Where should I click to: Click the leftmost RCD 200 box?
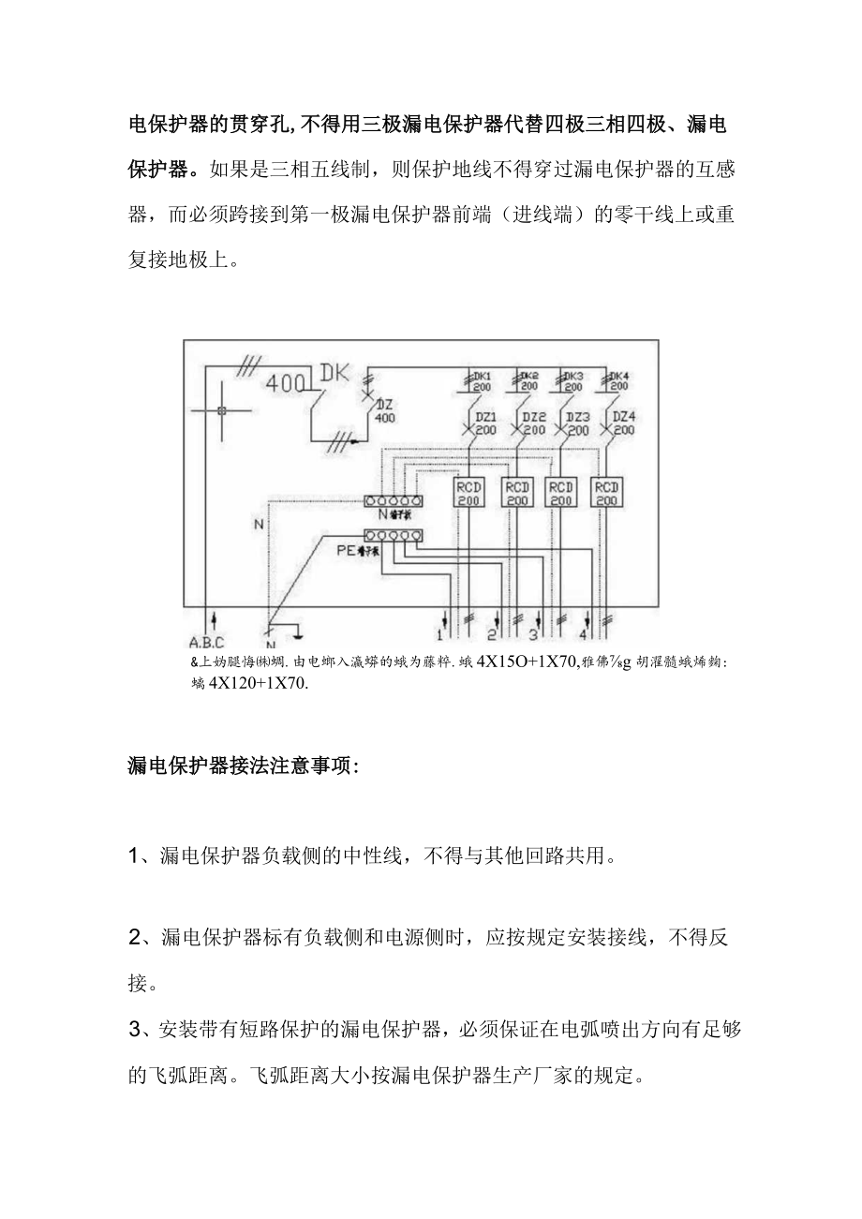point(468,493)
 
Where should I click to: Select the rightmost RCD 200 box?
point(607,493)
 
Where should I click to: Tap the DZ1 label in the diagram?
point(485,416)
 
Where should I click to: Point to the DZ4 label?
point(624,416)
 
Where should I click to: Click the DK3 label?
point(573,375)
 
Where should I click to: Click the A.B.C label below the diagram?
point(207,643)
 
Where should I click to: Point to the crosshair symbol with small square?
point(221,411)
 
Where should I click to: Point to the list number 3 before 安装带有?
point(134,1030)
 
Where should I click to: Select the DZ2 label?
point(533,416)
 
